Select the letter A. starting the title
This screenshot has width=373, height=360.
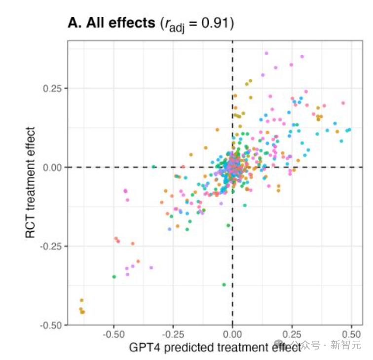(x=75, y=23)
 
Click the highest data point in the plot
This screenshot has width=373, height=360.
(x=266, y=53)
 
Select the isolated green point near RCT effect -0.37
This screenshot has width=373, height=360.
(x=224, y=285)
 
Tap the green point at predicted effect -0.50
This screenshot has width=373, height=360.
(x=114, y=277)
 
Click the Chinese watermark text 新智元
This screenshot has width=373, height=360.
(x=345, y=345)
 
